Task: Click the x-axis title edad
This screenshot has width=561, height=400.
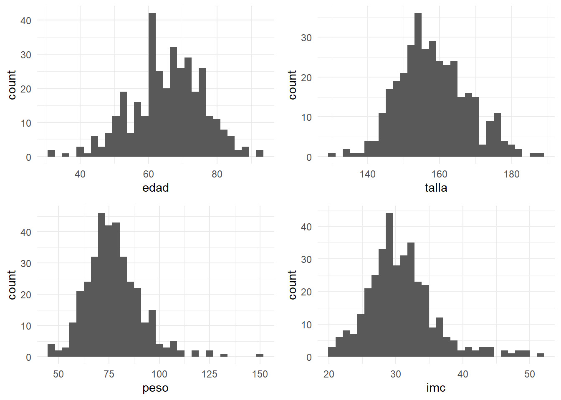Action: coord(155,188)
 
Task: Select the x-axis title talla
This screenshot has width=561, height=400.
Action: coord(436,188)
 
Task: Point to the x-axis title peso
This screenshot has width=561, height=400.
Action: coord(155,388)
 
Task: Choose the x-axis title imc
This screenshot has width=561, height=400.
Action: coord(436,388)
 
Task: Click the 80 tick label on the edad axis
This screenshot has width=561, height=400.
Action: coord(217,174)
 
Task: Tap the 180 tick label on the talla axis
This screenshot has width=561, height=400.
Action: coord(511,174)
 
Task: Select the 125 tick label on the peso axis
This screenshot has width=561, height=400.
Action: coord(210,374)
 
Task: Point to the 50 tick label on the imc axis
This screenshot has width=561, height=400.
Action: coord(530,374)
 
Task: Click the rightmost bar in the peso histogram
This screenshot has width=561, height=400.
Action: coord(260,355)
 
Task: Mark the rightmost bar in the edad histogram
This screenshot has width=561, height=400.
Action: coord(260,153)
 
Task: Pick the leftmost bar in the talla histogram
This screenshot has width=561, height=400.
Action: coord(332,155)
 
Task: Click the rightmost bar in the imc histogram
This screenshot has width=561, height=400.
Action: coord(540,355)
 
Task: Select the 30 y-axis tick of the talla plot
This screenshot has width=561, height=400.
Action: coord(306,38)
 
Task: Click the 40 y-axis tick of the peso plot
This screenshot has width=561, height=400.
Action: coord(26,232)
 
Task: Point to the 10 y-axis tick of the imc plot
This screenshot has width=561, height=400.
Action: coord(306,325)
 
